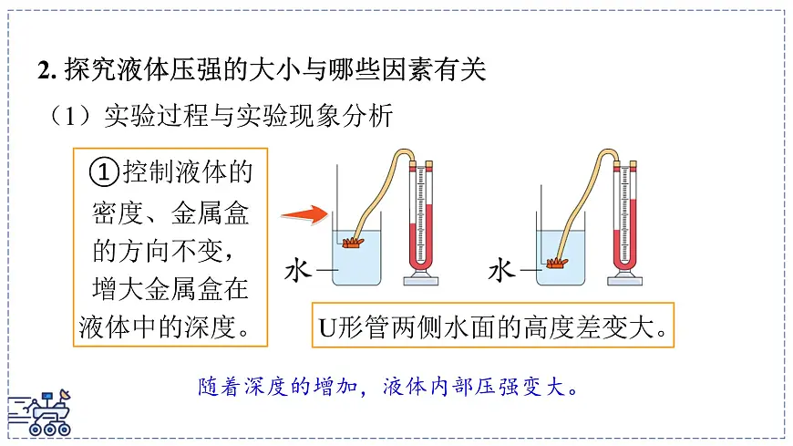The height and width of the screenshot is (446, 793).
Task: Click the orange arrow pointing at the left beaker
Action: tap(303, 216)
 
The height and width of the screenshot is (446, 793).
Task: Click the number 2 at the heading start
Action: tap(42, 70)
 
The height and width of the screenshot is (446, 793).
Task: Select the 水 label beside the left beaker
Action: tap(299, 271)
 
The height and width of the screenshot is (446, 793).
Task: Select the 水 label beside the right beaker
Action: tap(502, 270)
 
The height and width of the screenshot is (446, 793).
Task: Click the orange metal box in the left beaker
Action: tap(353, 242)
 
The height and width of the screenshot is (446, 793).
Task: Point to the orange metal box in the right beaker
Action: tap(556, 263)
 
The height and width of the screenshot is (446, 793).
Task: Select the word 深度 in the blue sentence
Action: tap(265, 386)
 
